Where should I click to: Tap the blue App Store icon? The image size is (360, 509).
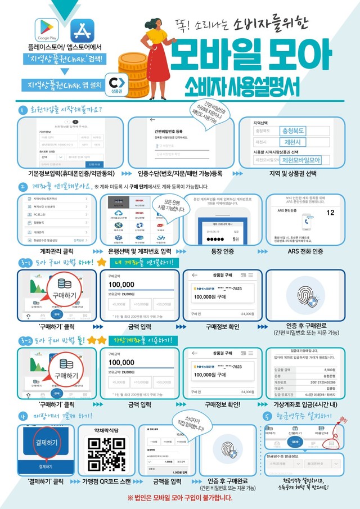(81, 29)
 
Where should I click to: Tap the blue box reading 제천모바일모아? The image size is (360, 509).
(308, 161)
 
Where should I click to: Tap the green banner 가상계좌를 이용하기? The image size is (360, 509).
(144, 340)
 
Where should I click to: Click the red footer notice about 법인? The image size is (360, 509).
(179, 498)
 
